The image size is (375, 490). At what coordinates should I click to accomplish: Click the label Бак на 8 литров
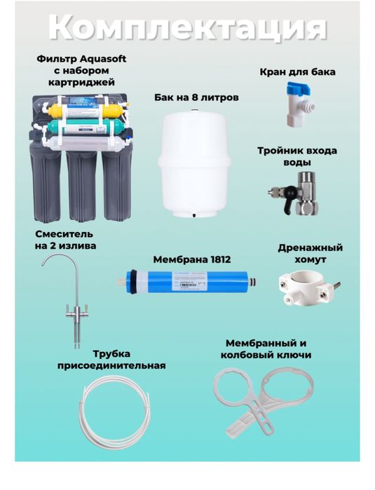pos(196,97)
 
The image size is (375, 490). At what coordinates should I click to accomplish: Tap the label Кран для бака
pos(297,72)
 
